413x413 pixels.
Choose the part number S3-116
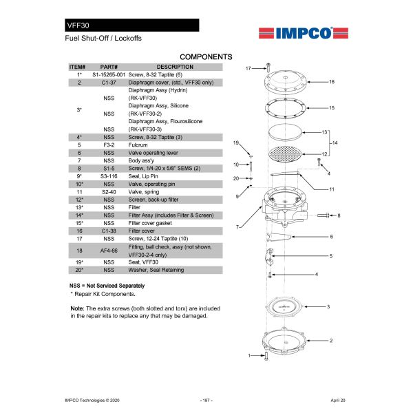pos(109,176)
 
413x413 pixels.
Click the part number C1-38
pos(109,231)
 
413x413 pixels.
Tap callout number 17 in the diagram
pos(248,68)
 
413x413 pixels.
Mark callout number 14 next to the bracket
pos(335,142)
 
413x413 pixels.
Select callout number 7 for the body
pos(237,226)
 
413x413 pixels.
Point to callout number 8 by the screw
pos(339,215)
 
